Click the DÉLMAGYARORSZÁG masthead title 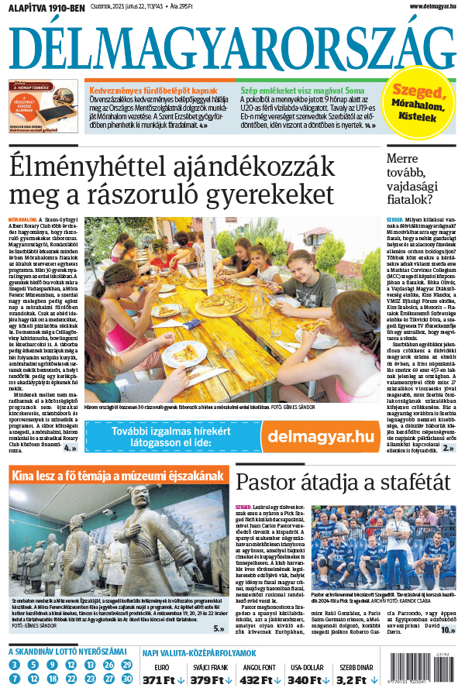pos(232,46)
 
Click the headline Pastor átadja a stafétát pos(342,480)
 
